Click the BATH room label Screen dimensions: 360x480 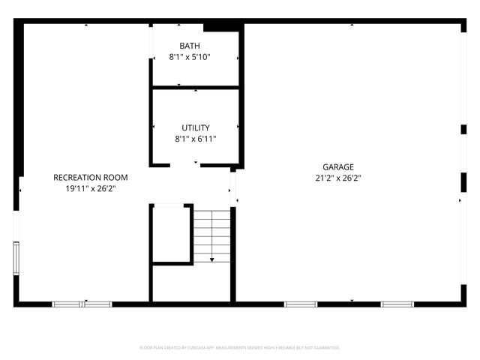pyautogui.click(x=190, y=46)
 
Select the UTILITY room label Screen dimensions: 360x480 pyautogui.click(x=196, y=128)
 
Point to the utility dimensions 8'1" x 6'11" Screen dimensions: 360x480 pyautogui.click(x=196, y=139)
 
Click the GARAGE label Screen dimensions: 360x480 pyautogui.click(x=338, y=167)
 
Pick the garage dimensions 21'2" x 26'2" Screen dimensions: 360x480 pyautogui.click(x=338, y=178)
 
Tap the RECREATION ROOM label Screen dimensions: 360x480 pyautogui.click(x=90, y=178)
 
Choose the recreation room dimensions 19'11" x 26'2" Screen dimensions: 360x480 pyautogui.click(x=90, y=189)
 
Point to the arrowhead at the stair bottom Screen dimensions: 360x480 pyautogui.click(x=212, y=259)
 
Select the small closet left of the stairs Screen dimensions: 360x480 pyautogui.click(x=172, y=234)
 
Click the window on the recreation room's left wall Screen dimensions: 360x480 pyautogui.click(x=16, y=259)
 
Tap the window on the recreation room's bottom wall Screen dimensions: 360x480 pyautogui.click(x=82, y=304)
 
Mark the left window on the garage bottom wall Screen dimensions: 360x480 pyautogui.click(x=301, y=304)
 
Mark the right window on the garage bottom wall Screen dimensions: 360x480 pyautogui.click(x=397, y=304)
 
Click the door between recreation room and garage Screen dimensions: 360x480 pyautogui.click(x=233, y=187)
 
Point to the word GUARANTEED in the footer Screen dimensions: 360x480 pyautogui.click(x=324, y=348)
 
